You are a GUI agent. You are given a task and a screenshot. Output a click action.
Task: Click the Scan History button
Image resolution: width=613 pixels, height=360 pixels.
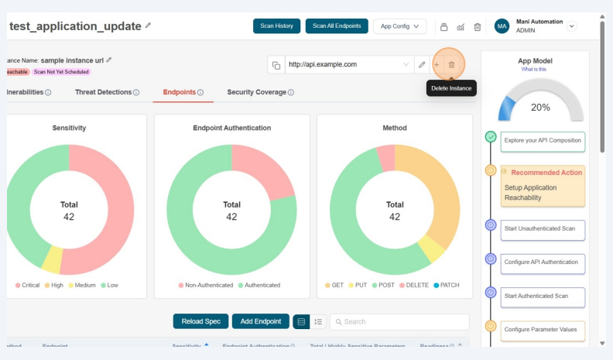[x=276, y=26]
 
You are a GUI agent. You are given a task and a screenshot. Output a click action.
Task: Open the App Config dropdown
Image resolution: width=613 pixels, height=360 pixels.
[x=399, y=26]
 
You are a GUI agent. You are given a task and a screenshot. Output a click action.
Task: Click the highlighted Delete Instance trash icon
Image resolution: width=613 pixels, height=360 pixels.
[x=452, y=64]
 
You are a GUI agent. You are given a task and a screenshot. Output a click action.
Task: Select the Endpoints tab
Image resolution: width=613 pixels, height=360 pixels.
[x=183, y=92]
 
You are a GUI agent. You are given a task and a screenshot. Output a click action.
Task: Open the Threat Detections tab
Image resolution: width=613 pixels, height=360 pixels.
[x=107, y=92]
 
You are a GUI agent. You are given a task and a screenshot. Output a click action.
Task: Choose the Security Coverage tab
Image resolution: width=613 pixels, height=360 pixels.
[x=260, y=92]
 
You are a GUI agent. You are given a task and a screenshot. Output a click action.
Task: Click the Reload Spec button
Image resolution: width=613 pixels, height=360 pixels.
[x=200, y=321]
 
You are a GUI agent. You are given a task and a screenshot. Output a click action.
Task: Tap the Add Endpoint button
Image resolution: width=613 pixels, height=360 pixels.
[x=261, y=321]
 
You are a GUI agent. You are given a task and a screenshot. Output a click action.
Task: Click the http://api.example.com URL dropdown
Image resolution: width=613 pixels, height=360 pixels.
[x=348, y=64]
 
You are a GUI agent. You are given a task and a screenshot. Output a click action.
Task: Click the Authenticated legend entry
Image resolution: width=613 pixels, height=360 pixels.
[x=259, y=285]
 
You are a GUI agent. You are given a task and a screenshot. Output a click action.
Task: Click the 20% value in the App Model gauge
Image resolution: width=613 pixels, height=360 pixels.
[x=540, y=108]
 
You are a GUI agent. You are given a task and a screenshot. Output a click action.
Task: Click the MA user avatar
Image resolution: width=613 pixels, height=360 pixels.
[x=502, y=26]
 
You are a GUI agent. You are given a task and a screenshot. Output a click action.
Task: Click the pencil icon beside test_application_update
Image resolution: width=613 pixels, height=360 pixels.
[x=148, y=26]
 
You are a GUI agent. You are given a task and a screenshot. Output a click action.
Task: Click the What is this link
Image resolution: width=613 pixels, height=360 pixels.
[x=535, y=69]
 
